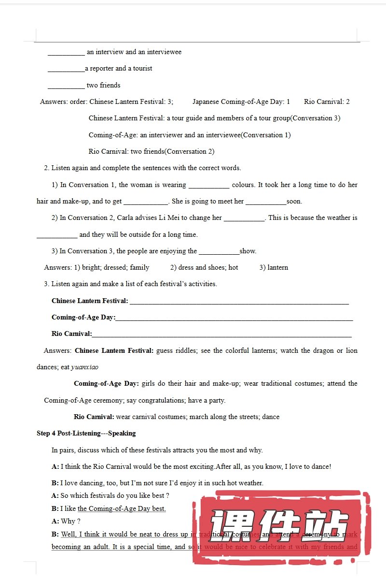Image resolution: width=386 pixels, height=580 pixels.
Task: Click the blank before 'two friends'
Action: click(66, 86)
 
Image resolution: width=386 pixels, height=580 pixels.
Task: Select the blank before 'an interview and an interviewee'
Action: click(66, 53)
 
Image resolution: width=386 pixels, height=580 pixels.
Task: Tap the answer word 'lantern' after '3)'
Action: click(277, 268)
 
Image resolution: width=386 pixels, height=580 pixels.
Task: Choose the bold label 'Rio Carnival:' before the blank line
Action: click(71, 334)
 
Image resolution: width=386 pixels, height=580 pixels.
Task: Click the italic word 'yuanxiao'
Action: click(84, 367)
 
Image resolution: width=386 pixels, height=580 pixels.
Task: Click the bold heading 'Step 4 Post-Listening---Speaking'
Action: click(86, 434)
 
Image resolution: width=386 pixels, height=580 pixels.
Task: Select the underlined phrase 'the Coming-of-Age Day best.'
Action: click(122, 509)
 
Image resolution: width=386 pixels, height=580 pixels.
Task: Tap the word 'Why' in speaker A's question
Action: click(68, 522)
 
